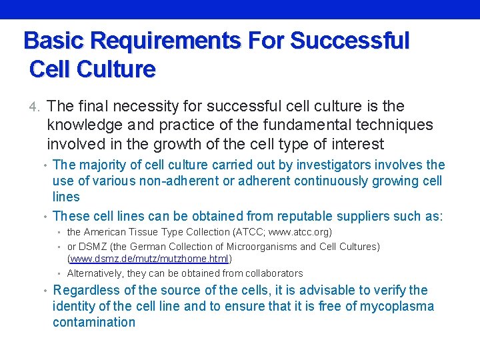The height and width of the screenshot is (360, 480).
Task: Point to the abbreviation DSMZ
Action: click(x=93, y=247)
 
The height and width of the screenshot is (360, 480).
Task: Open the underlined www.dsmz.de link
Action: click(x=149, y=258)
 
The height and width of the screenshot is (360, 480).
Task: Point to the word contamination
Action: click(x=93, y=322)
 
